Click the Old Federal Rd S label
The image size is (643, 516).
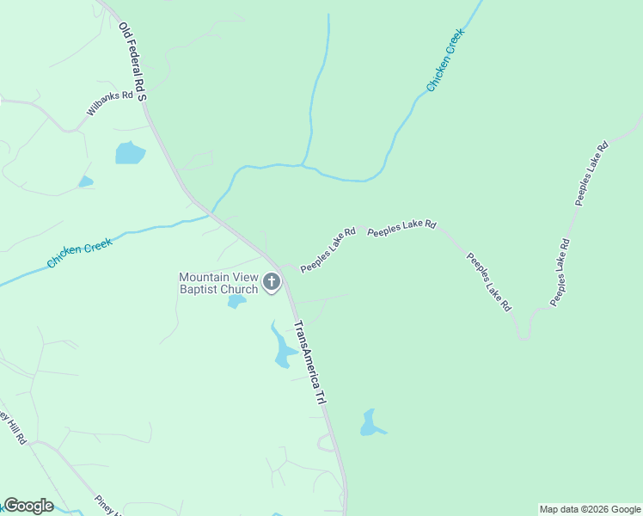tap(132, 62)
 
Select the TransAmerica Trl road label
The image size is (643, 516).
tap(309, 363)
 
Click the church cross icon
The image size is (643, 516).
tap(272, 282)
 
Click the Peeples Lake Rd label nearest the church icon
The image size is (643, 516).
tap(328, 250)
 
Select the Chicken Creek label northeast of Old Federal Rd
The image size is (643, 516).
tap(445, 60)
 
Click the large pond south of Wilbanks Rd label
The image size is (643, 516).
tap(130, 153)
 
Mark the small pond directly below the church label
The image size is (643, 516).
tap(236, 302)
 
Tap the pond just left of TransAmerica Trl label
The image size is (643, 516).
tap(282, 349)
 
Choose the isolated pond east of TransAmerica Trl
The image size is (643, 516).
tap(370, 423)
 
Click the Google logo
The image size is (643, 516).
tap(28, 506)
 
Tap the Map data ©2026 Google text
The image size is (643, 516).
tap(590, 509)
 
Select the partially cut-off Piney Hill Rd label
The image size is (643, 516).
tap(13, 427)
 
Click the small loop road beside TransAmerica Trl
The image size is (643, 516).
tap(326, 442)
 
